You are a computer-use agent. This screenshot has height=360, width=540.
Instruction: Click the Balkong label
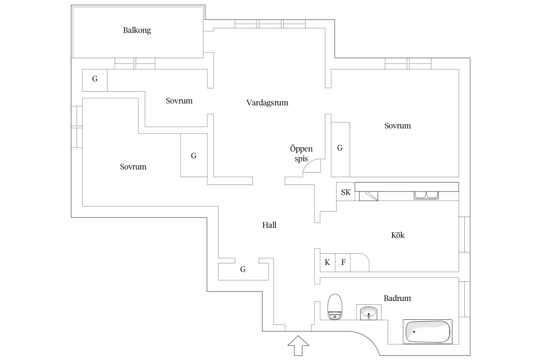click(137, 30)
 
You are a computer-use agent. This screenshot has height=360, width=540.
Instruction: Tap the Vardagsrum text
click(267, 103)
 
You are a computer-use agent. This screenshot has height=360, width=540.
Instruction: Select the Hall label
click(269, 225)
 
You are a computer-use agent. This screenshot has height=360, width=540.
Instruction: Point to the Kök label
click(398, 235)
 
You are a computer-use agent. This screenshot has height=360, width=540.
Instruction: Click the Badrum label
click(397, 298)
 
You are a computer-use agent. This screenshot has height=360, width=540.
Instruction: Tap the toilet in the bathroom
click(335, 307)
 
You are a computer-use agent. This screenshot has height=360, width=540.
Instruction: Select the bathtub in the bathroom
click(427, 332)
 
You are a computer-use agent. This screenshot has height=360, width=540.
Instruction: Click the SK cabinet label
click(346, 192)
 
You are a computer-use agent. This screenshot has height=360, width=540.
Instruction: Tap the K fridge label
click(327, 262)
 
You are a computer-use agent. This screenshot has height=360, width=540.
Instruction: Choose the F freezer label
click(343, 262)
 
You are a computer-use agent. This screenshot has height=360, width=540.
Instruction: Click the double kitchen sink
click(426, 195)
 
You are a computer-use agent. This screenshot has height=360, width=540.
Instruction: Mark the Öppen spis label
click(301, 154)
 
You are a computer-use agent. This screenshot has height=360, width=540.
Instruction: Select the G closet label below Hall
click(243, 269)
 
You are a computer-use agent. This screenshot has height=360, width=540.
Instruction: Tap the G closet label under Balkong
click(95, 79)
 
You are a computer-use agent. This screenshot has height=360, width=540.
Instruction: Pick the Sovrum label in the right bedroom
click(397, 126)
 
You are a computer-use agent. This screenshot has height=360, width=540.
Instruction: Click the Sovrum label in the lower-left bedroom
click(133, 167)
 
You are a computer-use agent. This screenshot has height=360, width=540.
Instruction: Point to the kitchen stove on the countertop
click(368, 196)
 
